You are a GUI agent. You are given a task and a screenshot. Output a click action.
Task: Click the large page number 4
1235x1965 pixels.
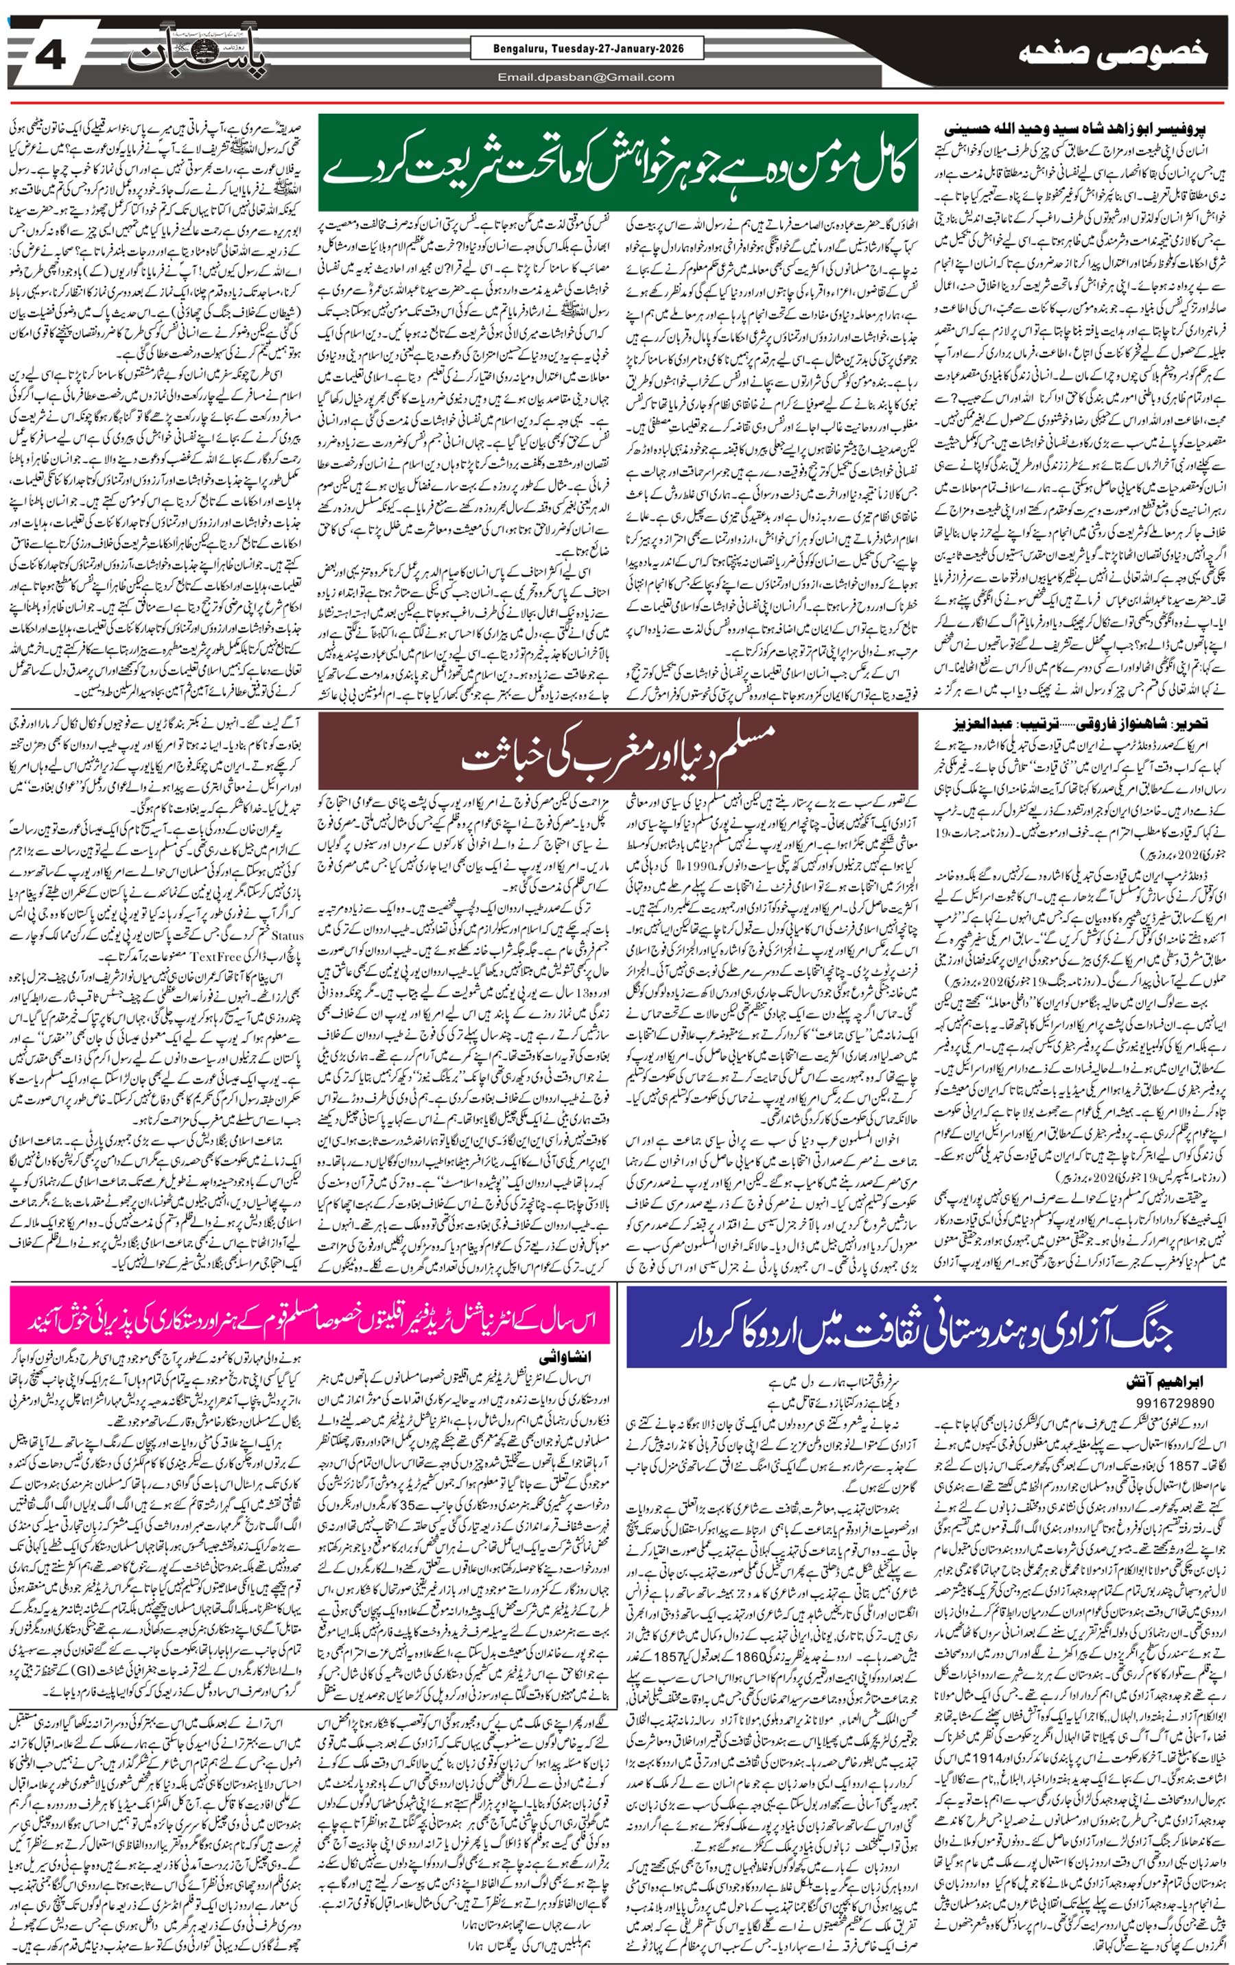pos(51,55)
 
